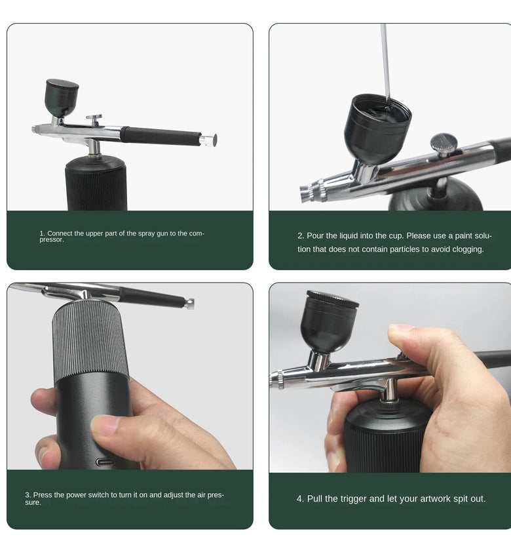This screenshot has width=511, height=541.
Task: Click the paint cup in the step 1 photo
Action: [62, 98]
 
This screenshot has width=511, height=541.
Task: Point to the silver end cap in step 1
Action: [208, 140]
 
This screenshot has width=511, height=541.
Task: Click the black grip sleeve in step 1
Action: [161, 136]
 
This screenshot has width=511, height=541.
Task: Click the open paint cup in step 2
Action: [377, 129]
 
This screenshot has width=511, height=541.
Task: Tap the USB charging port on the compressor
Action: [105, 462]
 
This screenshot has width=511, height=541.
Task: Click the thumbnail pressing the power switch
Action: [104, 425]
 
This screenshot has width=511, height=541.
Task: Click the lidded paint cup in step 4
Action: [330, 321]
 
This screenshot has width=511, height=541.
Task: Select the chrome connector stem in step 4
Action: [390, 390]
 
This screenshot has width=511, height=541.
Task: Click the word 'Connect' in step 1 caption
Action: [60, 233]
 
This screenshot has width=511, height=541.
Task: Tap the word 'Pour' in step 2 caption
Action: [314, 235]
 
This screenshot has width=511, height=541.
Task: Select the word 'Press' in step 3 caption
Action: [42, 494]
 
